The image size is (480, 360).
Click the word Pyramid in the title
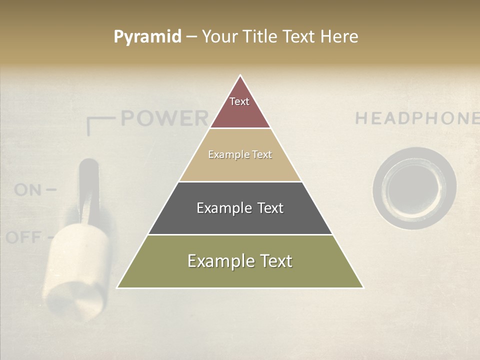(147, 37)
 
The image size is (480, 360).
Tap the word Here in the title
(339, 37)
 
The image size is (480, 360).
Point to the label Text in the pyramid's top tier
(239, 101)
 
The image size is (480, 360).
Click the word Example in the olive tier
(216, 261)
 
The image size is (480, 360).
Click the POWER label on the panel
(164, 118)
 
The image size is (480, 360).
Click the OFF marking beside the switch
(23, 237)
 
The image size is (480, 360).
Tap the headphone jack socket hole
(414, 188)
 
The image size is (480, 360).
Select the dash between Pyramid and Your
(191, 37)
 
